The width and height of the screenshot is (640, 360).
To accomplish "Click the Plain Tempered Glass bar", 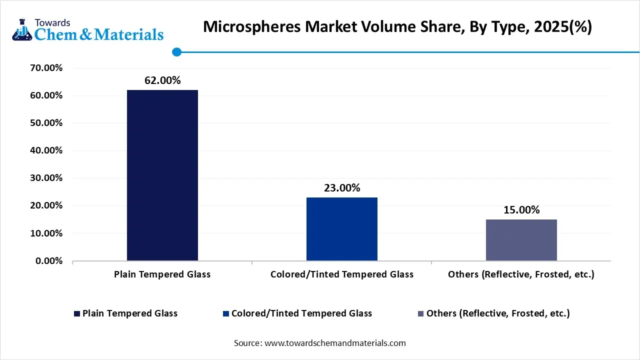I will (x=162, y=175).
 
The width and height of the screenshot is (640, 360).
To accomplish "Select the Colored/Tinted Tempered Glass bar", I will (x=342, y=229).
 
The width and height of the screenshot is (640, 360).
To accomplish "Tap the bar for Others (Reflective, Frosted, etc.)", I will (x=521, y=240).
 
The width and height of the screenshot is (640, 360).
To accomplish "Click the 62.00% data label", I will (x=162, y=80).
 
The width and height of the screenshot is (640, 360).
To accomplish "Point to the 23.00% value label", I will (x=342, y=188).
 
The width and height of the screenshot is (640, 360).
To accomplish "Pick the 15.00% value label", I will (x=521, y=210).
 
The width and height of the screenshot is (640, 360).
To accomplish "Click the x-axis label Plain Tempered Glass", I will (x=162, y=274).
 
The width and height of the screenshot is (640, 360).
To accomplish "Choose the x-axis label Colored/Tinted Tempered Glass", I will (x=342, y=274).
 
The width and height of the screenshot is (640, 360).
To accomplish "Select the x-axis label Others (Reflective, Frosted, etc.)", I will (x=521, y=274).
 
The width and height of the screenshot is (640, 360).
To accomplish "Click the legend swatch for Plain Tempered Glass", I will (x=76, y=313).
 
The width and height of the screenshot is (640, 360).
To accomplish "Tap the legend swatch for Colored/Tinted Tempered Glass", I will (x=226, y=313).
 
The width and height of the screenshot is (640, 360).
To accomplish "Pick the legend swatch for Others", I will (x=421, y=313).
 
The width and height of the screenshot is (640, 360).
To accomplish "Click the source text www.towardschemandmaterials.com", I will (x=335, y=343).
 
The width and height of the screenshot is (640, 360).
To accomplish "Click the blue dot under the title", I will (x=176, y=52).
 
